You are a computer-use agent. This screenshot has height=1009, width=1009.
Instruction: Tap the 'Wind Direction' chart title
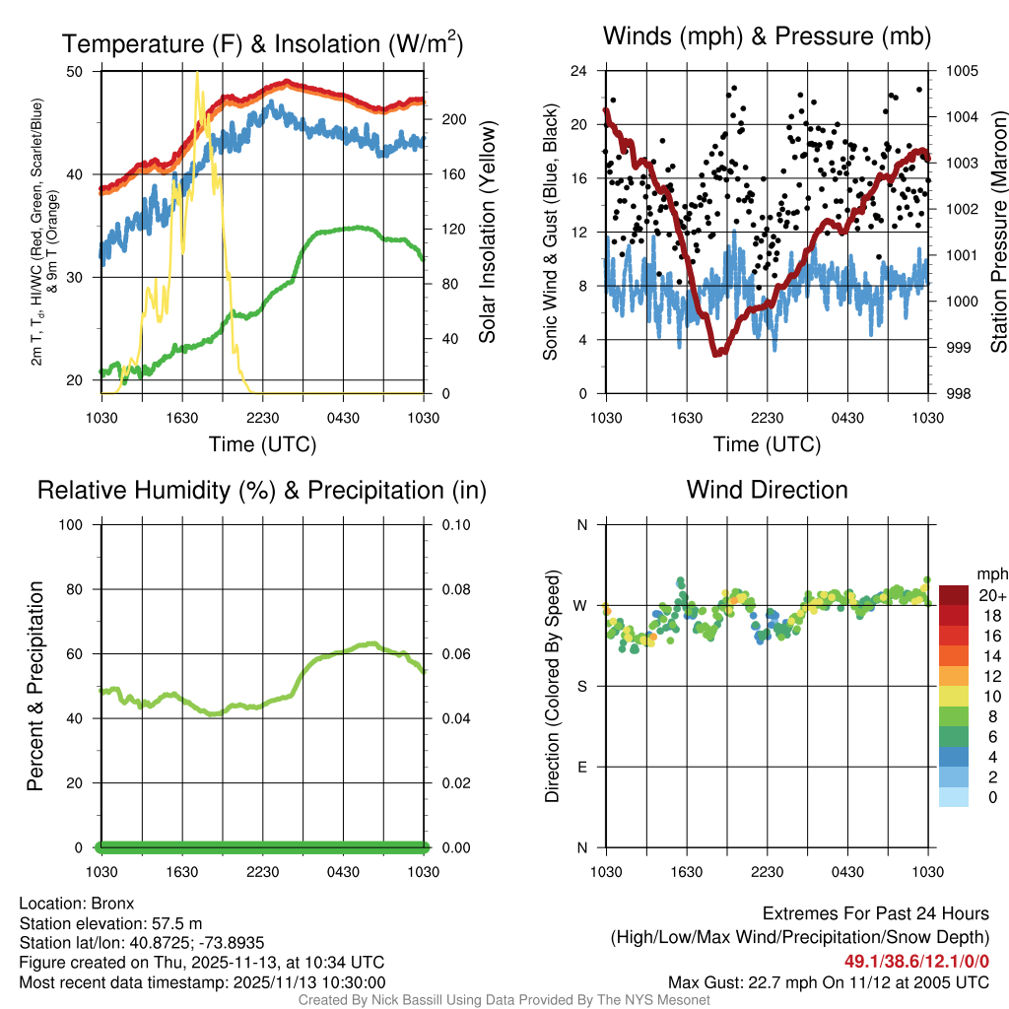pyautogui.click(x=767, y=490)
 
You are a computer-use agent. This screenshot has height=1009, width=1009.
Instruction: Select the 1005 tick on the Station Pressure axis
pyautogui.click(x=961, y=71)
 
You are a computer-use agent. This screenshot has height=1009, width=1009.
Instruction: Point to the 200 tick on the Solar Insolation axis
pyautogui.click(x=453, y=119)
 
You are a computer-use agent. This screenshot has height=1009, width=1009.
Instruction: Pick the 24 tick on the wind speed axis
pyautogui.click(x=579, y=71)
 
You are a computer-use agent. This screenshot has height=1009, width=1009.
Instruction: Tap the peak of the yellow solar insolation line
pyautogui.click(x=197, y=73)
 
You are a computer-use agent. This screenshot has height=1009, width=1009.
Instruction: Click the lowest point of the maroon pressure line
pyautogui.click(x=717, y=353)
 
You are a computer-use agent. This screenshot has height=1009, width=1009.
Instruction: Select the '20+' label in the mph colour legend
pyautogui.click(x=992, y=595)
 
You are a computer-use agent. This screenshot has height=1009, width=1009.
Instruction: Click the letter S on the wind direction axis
pyautogui.click(x=581, y=686)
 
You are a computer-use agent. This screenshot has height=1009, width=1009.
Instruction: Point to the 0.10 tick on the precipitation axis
pyautogui.click(x=454, y=524)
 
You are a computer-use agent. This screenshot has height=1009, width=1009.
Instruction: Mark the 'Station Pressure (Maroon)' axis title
pyautogui.click(x=997, y=232)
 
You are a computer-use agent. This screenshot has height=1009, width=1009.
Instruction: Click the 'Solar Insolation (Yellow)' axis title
pyautogui.click(x=487, y=232)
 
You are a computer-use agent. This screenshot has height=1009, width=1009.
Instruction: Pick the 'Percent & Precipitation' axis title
pyautogui.click(x=34, y=686)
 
